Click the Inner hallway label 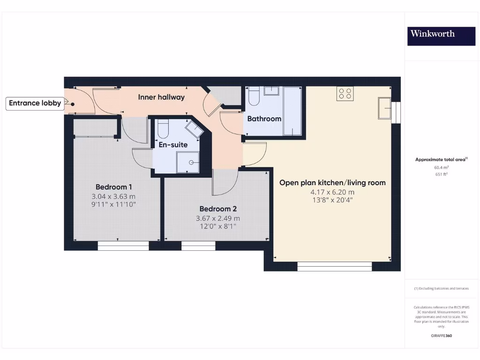161,97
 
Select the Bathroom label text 264,119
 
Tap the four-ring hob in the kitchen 345,93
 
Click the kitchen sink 386,108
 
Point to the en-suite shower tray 187,163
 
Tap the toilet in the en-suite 163,128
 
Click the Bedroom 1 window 123,246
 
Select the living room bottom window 334,267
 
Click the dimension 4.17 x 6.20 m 332,192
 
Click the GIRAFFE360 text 441,336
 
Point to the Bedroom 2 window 198,246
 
